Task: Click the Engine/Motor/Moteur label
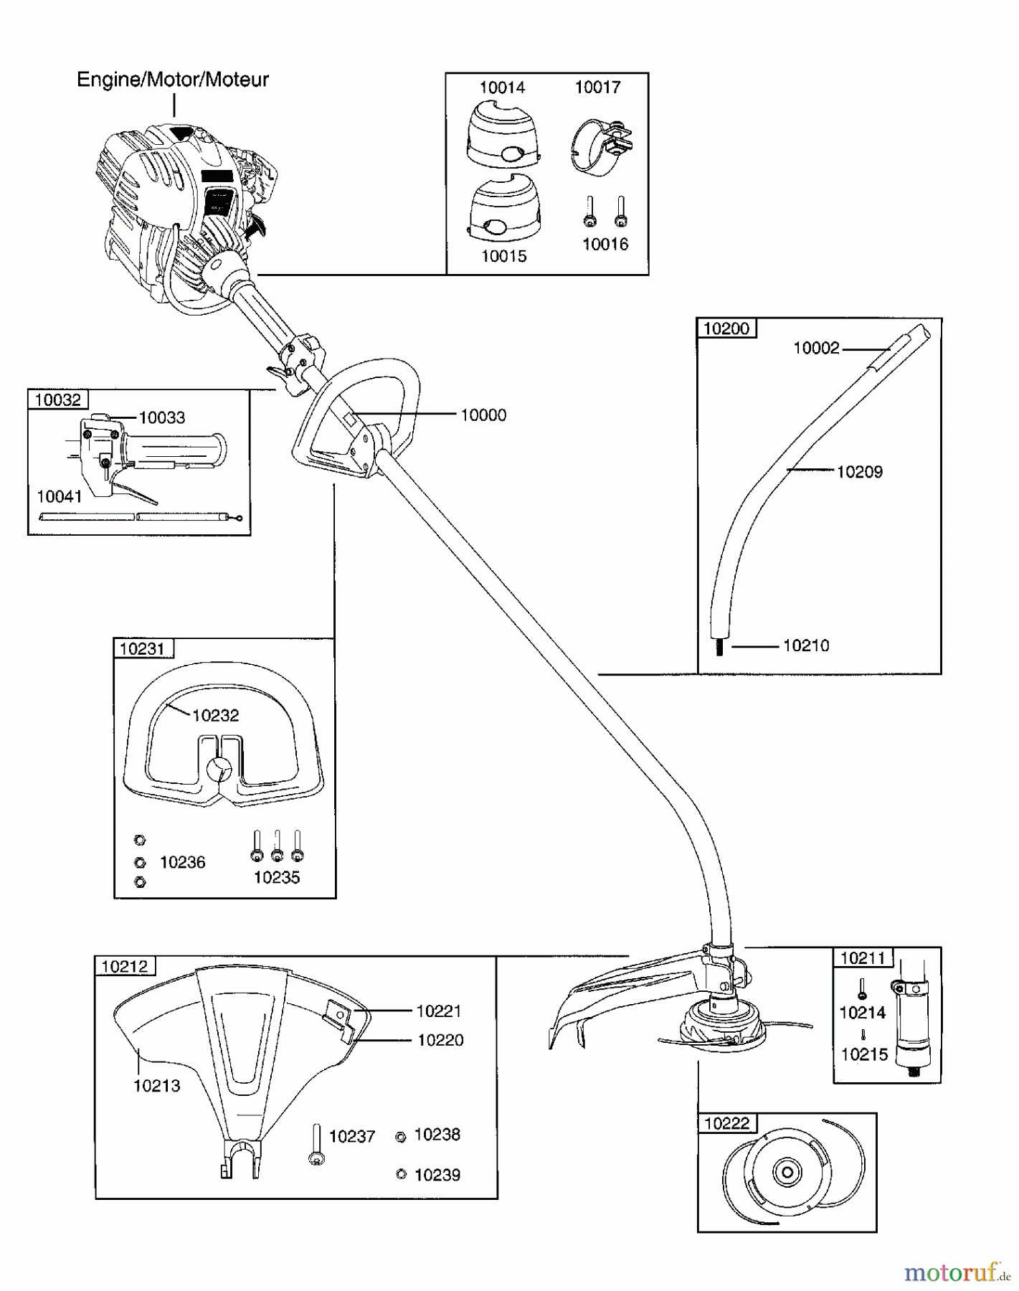point(172,80)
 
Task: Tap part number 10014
point(502,88)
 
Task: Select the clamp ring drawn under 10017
point(599,147)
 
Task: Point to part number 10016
point(605,245)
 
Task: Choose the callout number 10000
point(483,415)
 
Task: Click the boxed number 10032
point(58,399)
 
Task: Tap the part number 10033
point(161,417)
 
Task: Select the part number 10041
point(60,496)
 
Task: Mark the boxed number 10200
point(726,328)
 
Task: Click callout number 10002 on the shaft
point(816,348)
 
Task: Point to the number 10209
point(860,472)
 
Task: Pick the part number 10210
point(806,645)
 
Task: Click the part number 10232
point(216,715)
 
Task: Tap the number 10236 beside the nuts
point(182,862)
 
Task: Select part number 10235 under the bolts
point(277,878)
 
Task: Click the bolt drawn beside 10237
point(316,1145)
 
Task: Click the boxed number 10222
point(727,1123)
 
